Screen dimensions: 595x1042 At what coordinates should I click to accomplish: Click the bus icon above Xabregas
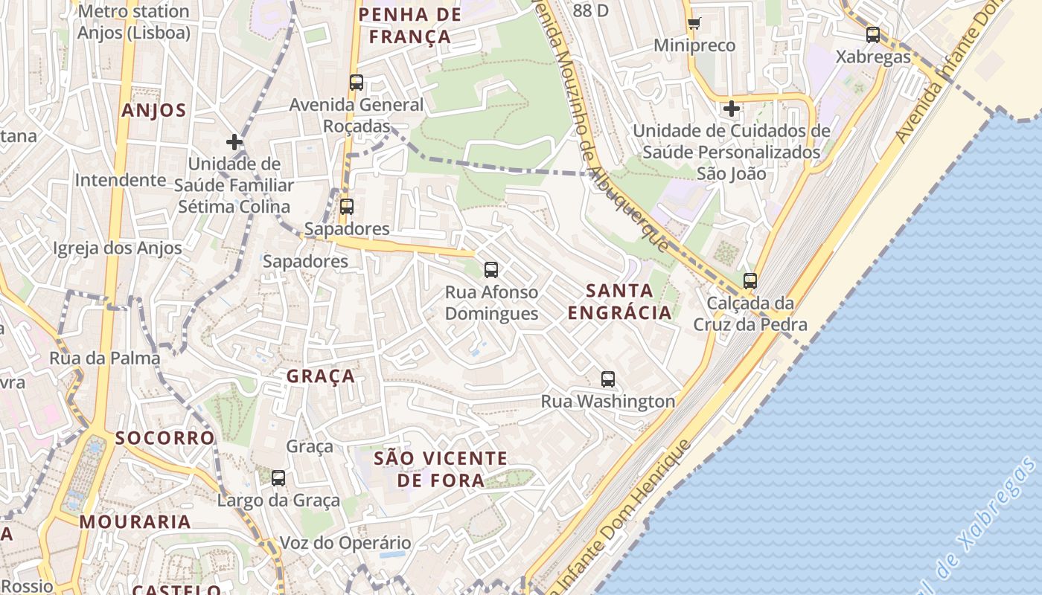[873, 34]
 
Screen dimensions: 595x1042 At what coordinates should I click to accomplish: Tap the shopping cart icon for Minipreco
[694, 22]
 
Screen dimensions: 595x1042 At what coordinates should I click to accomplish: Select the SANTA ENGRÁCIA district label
[619, 301]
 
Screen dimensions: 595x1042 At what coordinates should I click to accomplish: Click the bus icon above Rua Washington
[608, 379]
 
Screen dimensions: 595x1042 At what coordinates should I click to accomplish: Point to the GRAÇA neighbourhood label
[321, 376]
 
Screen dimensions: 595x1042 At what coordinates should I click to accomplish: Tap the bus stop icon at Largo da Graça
[278, 478]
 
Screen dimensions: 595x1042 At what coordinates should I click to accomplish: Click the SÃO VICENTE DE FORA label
[441, 469]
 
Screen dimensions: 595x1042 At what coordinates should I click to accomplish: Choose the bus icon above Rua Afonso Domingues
[491, 270]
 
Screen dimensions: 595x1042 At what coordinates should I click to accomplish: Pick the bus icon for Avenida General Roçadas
[357, 83]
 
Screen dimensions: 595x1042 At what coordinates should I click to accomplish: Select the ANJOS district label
[153, 111]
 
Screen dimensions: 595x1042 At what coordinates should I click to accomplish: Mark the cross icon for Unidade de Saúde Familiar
[234, 141]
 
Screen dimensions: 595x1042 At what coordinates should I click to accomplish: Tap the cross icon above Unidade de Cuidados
[732, 109]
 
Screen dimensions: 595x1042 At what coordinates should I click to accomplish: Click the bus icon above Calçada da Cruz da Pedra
[750, 281]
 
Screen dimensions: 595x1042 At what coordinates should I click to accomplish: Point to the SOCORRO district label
[164, 437]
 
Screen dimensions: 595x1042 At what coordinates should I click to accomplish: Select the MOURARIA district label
[135, 521]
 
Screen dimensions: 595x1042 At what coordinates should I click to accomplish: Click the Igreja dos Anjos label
[118, 248]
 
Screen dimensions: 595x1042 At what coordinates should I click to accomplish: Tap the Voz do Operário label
[345, 543]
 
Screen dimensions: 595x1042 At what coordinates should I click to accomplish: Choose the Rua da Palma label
[104, 358]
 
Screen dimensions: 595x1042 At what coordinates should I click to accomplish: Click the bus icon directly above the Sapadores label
[346, 207]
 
